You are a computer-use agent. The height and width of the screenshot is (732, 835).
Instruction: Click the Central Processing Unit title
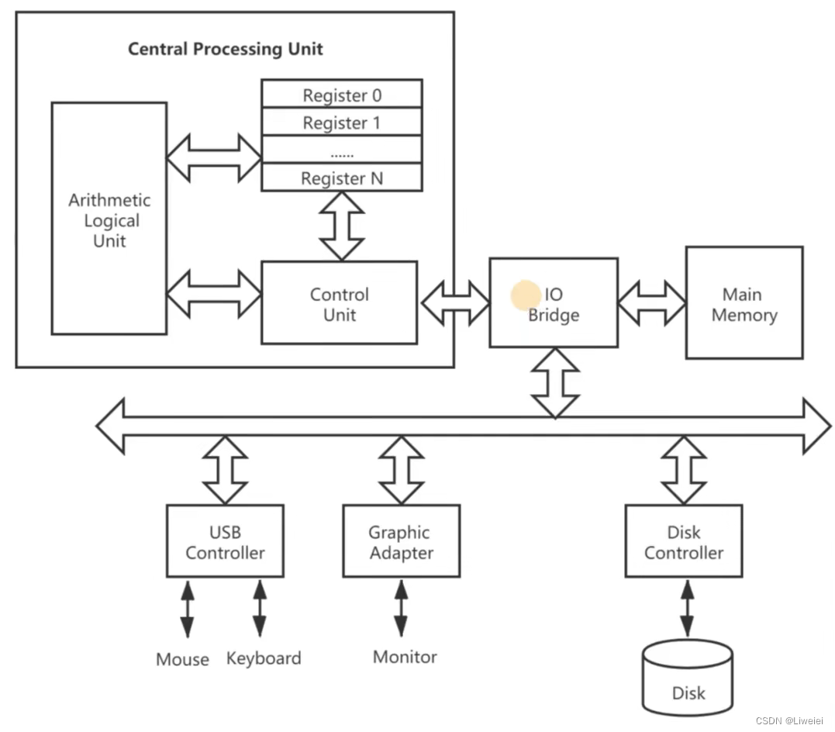coord(225,49)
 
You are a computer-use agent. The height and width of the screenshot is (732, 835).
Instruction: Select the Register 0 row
coord(342,95)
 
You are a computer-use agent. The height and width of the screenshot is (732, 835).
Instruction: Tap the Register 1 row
coord(342,123)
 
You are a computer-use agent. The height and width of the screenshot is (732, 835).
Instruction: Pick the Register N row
coord(342,178)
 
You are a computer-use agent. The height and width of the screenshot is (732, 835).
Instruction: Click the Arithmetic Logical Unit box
coord(109,219)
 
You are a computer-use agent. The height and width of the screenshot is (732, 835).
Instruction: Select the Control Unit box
coord(339,304)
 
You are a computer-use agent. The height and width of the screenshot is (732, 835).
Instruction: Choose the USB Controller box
coord(225,542)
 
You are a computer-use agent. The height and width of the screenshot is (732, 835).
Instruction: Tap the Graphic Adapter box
coord(401,542)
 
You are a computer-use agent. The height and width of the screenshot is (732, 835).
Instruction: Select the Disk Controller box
coord(683,542)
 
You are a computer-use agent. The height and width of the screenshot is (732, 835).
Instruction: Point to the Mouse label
coord(182,659)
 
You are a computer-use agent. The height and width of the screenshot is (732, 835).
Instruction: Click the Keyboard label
coord(264,658)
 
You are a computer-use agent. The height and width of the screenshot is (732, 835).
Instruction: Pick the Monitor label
coord(405,657)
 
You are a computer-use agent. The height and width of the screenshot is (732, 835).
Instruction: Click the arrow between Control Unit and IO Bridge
coord(454,302)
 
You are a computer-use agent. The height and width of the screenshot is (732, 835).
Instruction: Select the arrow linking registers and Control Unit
coord(342,226)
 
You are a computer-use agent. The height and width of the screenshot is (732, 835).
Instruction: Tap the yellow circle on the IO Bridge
coord(526,295)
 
